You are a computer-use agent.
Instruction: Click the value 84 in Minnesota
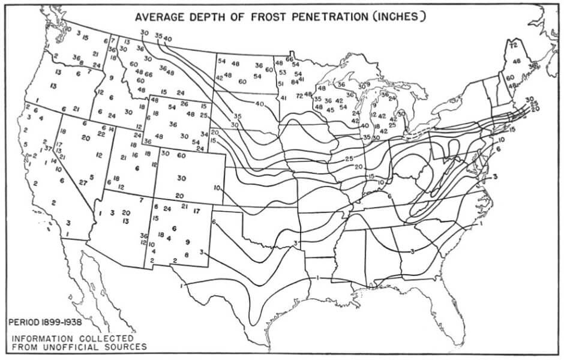295,82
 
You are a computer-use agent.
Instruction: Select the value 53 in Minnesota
283,73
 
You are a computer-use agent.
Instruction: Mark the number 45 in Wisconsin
330,110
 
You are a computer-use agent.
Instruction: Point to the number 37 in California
48,148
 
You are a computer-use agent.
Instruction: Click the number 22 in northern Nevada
100,133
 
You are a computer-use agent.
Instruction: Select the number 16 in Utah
135,154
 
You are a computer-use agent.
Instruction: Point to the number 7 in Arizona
140,200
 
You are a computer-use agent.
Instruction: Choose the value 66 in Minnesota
289,59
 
